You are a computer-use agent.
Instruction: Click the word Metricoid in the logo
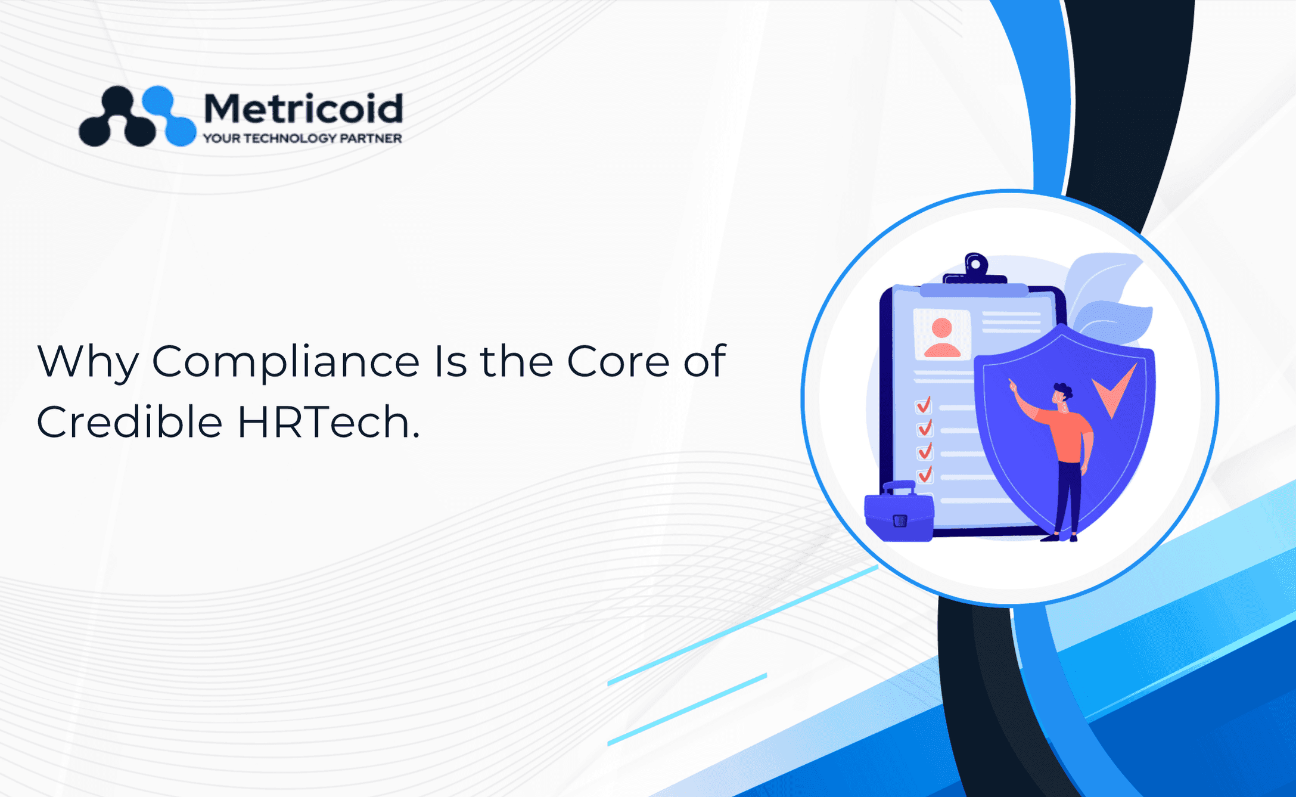pos(303,109)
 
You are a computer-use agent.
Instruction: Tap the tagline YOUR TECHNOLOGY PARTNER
pos(303,138)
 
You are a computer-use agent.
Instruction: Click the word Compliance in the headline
pos(286,362)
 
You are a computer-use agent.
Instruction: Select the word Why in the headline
pos(88,362)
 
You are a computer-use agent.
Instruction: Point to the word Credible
pos(130,421)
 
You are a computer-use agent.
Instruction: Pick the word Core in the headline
pos(618,361)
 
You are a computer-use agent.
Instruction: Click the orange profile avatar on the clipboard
pos(942,337)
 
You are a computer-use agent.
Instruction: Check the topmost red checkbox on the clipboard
pos(924,405)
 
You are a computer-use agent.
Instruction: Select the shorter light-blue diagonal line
pos(687,709)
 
